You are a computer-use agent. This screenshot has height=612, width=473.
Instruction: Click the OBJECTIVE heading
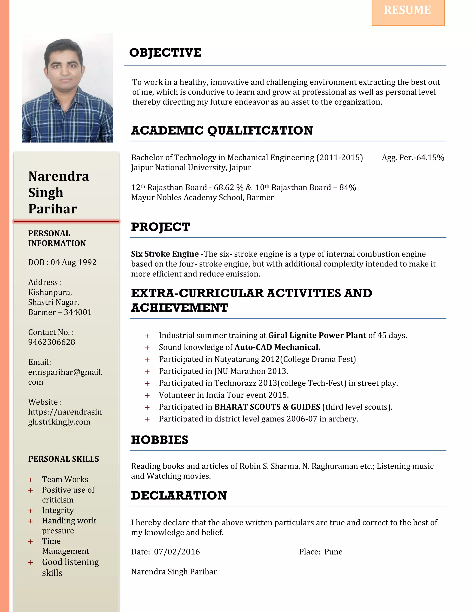pyautogui.click(x=165, y=53)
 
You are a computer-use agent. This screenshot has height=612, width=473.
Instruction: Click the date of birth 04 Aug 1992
pyautogui.click(x=73, y=262)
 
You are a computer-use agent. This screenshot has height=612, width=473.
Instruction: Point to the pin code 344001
pyautogui.click(x=78, y=312)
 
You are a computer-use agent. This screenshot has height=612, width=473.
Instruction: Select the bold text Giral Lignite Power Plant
pyautogui.click(x=317, y=335)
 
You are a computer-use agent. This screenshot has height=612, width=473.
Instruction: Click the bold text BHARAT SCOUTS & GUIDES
pyautogui.click(x=267, y=407)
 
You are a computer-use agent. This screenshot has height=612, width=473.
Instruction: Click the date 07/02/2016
pyautogui.click(x=177, y=552)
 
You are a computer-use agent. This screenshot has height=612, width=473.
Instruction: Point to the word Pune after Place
pyautogui.click(x=333, y=552)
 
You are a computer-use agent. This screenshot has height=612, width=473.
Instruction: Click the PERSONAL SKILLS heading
pyautogui.click(x=63, y=459)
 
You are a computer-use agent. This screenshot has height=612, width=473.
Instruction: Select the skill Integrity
pyautogui.click(x=58, y=510)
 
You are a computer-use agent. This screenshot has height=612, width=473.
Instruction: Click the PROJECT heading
pyautogui.click(x=160, y=227)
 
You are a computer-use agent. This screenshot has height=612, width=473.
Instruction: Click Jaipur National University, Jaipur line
pyautogui.click(x=191, y=168)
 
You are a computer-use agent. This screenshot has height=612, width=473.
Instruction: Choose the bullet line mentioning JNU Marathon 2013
pyautogui.click(x=223, y=371)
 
